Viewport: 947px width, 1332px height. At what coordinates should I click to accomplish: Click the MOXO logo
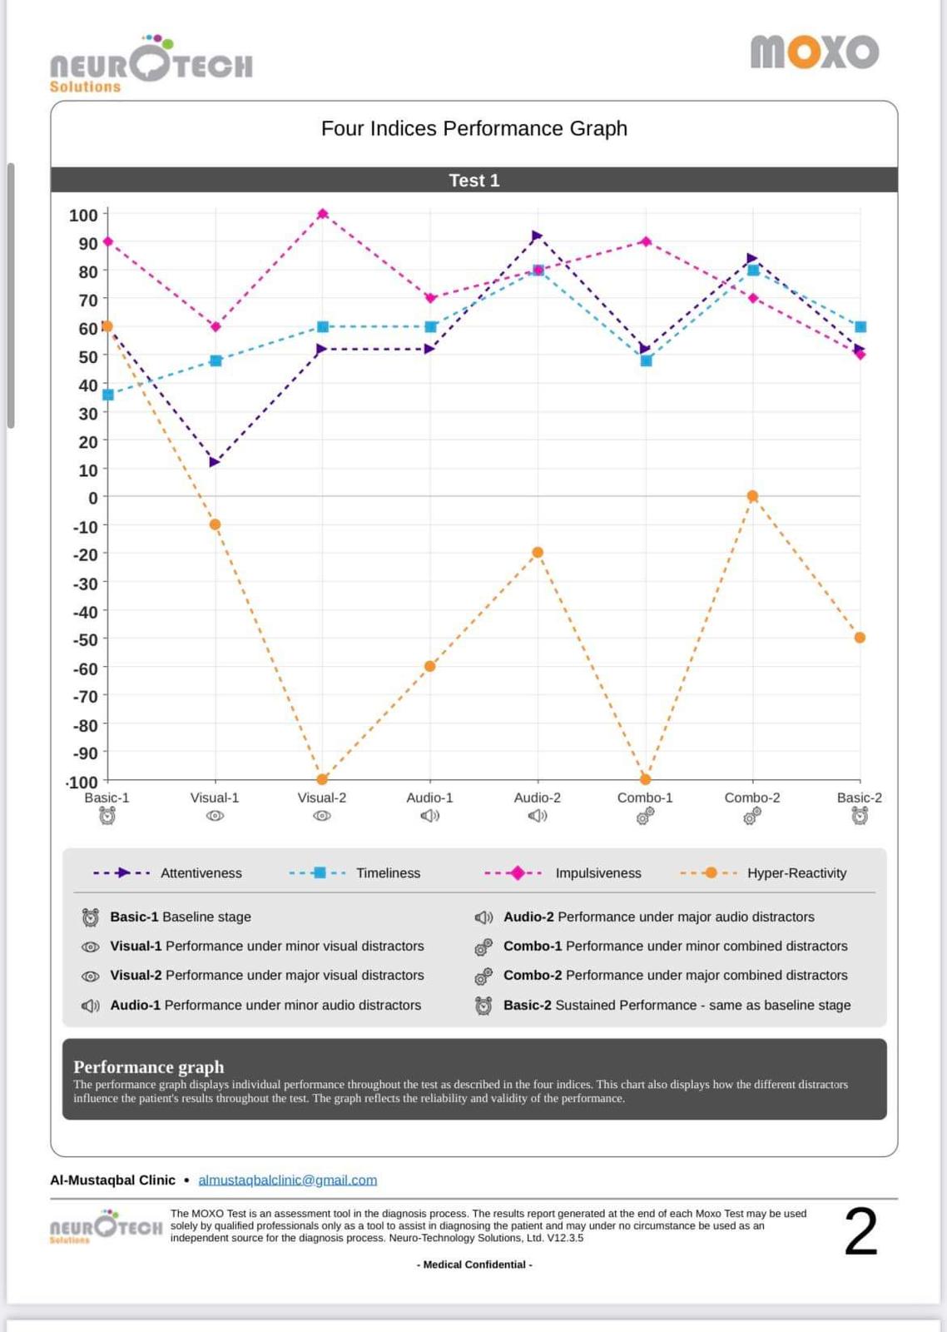tap(814, 52)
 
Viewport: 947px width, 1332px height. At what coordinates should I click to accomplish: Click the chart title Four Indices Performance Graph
tap(473, 128)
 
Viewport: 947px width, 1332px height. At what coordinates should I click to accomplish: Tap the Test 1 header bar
tap(473, 180)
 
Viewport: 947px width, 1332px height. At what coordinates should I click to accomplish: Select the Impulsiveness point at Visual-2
tap(323, 214)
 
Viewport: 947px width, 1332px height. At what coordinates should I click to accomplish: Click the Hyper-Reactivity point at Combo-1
tap(646, 779)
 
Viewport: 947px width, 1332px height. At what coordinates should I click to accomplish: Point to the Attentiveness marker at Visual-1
tap(215, 462)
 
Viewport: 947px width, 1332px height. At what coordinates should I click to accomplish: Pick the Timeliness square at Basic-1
tap(108, 395)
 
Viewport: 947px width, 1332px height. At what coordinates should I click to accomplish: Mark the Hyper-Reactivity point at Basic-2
tap(860, 638)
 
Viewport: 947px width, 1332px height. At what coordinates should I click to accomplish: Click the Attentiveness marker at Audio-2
tap(537, 236)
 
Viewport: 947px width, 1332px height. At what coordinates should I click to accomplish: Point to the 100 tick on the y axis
tap(83, 216)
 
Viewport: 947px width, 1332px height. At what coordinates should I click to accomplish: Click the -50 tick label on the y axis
tap(85, 639)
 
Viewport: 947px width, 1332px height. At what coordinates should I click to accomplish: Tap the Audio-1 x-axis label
tap(429, 798)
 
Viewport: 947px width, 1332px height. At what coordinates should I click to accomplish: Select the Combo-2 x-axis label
tap(752, 798)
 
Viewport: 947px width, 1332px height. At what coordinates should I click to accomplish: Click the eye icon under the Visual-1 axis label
tap(215, 816)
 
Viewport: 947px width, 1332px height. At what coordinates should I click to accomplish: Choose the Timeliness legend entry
tap(388, 872)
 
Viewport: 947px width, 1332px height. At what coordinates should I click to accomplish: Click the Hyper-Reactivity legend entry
tap(796, 872)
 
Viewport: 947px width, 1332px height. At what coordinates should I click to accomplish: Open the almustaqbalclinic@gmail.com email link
tap(287, 1180)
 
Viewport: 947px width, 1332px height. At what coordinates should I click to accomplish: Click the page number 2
tap(860, 1231)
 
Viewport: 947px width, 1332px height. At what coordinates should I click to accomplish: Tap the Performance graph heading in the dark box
tap(149, 1066)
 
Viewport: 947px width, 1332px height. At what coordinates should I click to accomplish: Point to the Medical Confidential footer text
tap(473, 1265)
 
